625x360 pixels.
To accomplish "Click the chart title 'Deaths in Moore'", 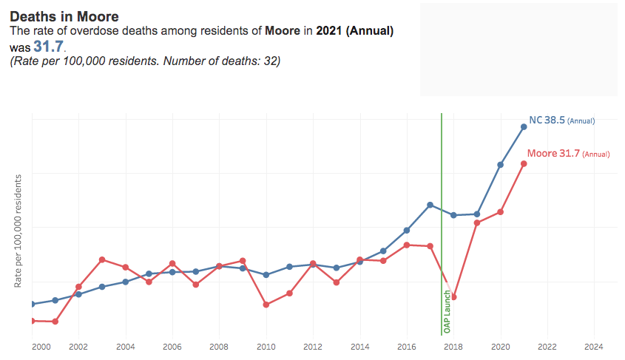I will (x=64, y=16).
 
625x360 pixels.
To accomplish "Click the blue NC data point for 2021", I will (x=524, y=126).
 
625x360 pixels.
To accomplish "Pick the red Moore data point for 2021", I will (x=524, y=163).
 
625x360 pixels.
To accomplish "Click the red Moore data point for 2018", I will (x=453, y=297).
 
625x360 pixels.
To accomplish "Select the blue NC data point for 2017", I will (x=430, y=205).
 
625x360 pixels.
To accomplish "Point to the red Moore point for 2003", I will (x=102, y=259).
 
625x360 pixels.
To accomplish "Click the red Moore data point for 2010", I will (x=266, y=305).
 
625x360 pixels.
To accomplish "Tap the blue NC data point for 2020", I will (x=501, y=165).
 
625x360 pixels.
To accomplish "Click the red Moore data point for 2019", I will (x=477, y=223).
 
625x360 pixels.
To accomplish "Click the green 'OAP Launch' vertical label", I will (x=447, y=310).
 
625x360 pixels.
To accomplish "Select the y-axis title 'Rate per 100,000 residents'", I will (x=18, y=231).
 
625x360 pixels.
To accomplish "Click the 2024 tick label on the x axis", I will (x=594, y=346).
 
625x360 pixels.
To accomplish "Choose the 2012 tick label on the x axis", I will (x=313, y=346).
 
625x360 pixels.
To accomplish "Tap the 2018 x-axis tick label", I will (x=453, y=346).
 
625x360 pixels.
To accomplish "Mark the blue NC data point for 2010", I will (x=266, y=274).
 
